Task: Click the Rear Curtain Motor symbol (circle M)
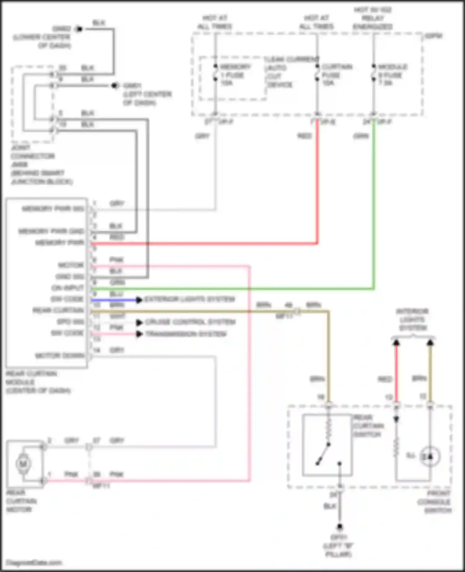point(23,464)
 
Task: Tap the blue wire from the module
point(113,300)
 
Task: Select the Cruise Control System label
point(190,322)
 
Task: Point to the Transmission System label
point(186,334)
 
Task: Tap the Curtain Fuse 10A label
point(336,75)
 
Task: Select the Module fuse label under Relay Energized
point(392,75)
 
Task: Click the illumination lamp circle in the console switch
point(430,456)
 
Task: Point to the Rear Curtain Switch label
point(368,426)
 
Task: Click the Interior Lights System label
point(413,319)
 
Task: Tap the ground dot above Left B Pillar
point(340,527)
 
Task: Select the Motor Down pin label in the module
point(60,356)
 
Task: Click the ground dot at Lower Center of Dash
point(79,29)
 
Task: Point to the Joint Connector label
point(37,164)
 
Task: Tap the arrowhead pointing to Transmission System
point(139,334)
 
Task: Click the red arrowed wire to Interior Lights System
point(396,372)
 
